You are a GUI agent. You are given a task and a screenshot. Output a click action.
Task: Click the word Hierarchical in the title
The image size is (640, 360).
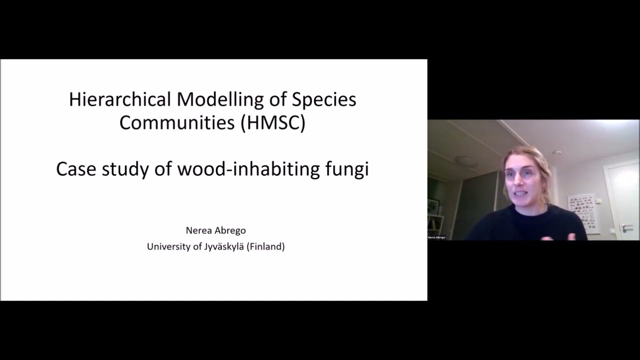coord(120,99)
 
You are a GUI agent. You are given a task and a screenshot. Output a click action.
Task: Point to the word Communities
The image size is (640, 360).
coord(177,122)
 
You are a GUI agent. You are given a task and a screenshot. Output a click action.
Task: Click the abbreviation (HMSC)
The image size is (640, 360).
coord(273,122)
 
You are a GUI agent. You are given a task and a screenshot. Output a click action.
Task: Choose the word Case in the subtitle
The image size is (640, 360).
coord(76,169)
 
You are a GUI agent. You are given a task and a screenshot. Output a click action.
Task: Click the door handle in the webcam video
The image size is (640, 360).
coord(626,227)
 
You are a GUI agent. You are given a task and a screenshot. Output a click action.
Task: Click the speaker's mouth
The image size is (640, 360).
coord(520,193)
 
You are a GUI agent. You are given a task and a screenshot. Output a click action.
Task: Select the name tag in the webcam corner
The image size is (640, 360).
coord(436,237)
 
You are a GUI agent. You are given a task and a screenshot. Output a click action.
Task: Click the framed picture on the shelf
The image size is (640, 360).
coord(433,206)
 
